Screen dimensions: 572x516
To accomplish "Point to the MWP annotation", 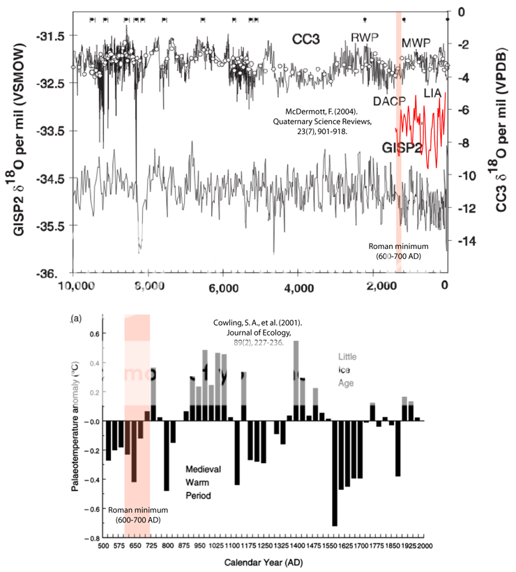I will (416, 42).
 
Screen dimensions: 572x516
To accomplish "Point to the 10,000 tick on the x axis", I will (75, 285).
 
